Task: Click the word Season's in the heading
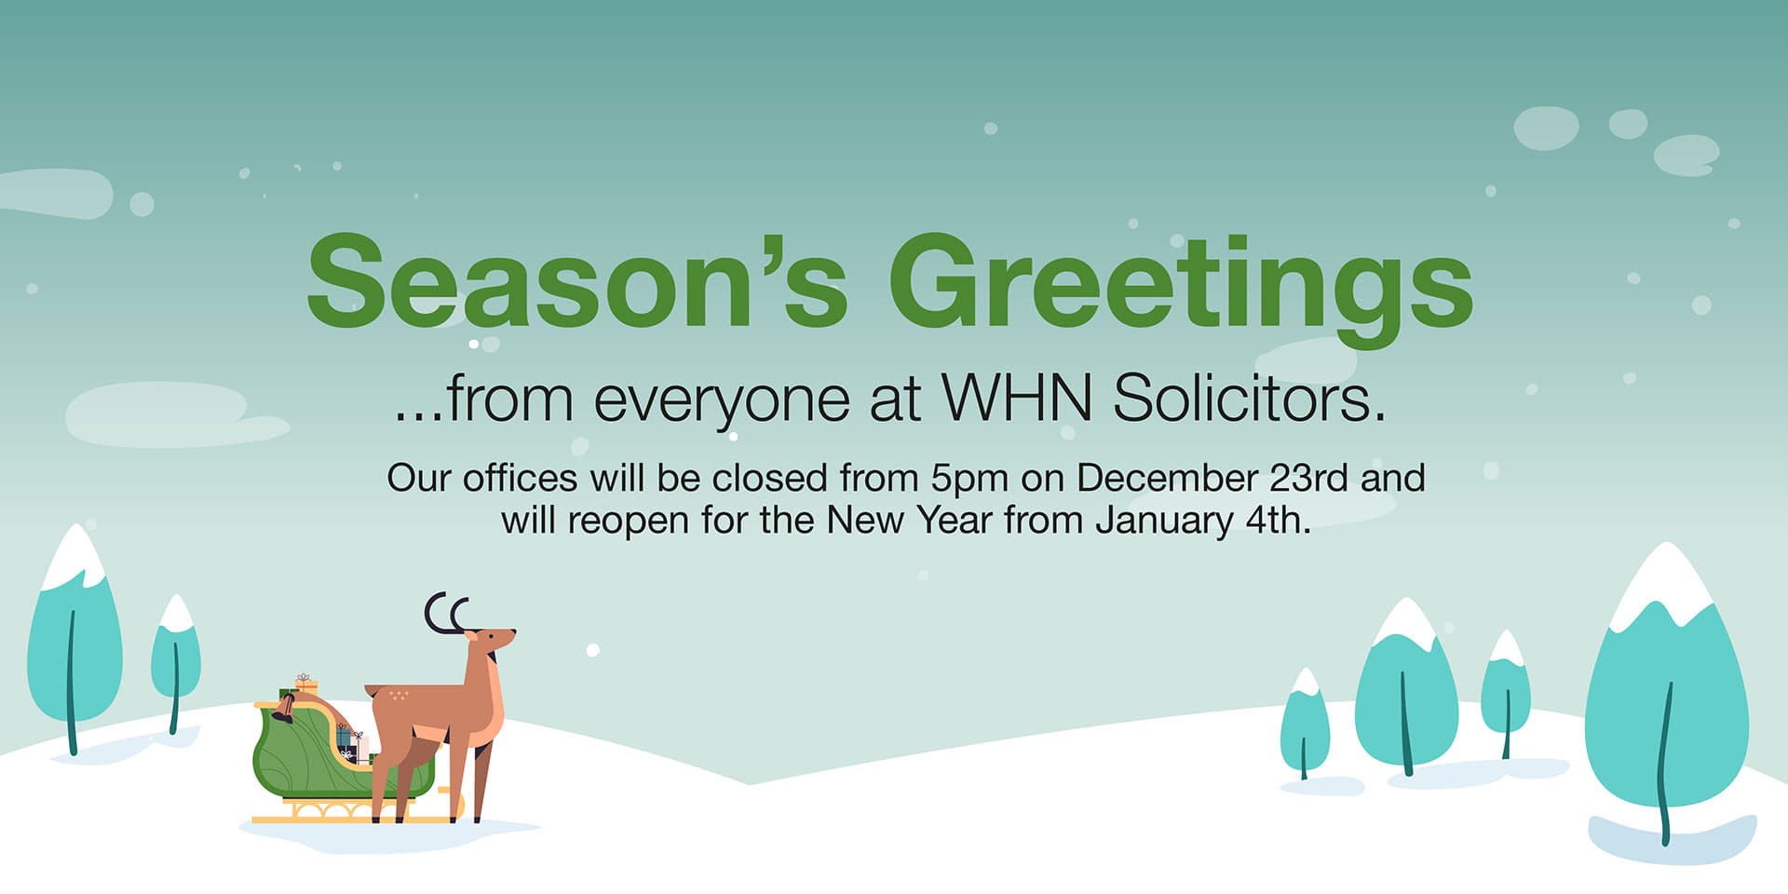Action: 576,281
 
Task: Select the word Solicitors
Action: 1249,399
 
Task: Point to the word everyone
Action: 722,402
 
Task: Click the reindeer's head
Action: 490,641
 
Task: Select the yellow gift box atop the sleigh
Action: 305,684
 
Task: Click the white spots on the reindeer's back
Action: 399,695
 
